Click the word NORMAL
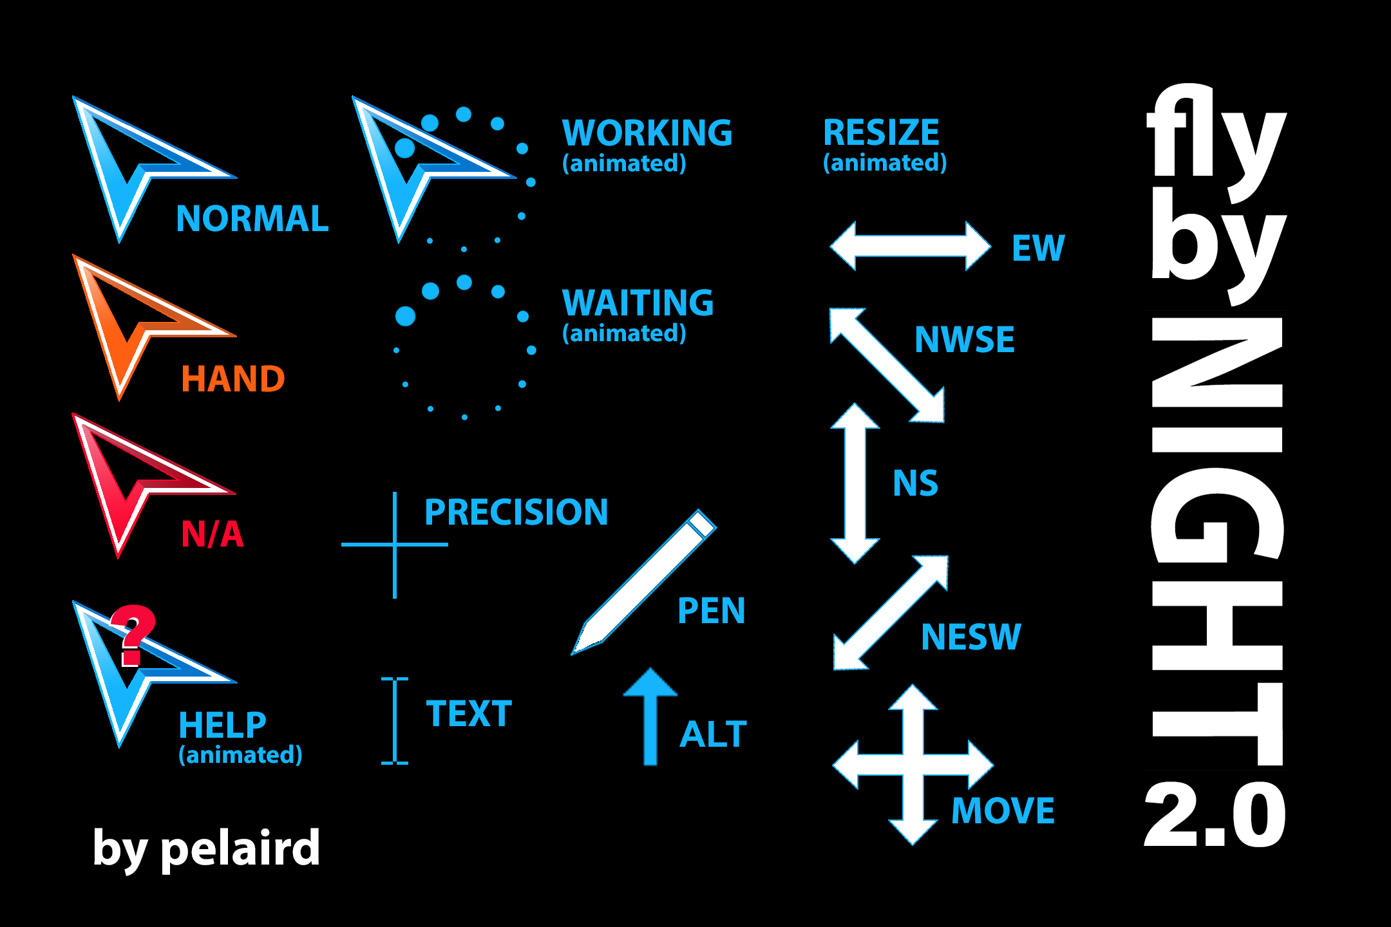[252, 219]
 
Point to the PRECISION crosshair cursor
[395, 545]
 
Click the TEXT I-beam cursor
[395, 721]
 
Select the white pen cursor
[644, 583]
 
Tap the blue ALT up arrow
[650, 715]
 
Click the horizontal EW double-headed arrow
[910, 246]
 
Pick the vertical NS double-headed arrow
[855, 483]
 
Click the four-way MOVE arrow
[913, 764]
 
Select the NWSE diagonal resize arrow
[887, 366]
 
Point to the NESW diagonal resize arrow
[891, 613]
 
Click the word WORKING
[647, 133]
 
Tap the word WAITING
[638, 303]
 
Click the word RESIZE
[881, 133]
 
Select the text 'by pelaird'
[206, 848]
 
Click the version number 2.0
[1215, 816]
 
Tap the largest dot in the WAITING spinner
[405, 316]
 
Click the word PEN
[711, 610]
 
